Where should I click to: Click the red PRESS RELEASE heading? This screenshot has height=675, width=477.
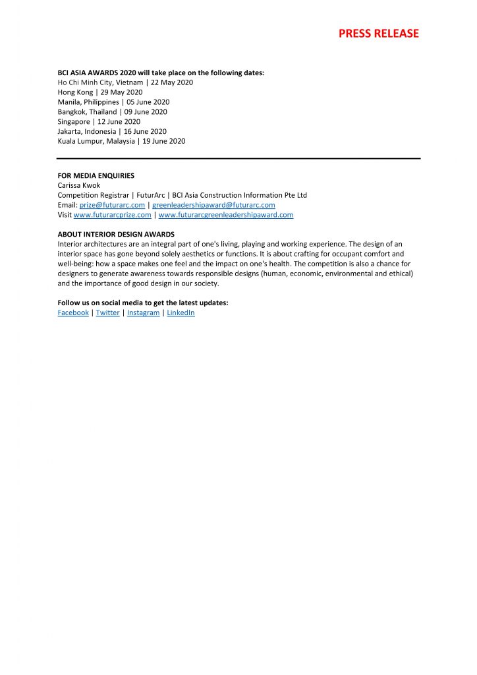tap(378, 34)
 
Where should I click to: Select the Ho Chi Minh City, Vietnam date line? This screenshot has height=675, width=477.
tap(125, 82)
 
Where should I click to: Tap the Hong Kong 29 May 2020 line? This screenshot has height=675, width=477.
tap(99, 92)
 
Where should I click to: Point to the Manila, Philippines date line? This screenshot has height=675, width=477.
tap(113, 102)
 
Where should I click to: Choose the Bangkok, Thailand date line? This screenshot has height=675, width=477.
tap(113, 112)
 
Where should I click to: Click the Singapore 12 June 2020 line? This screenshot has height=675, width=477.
tap(99, 121)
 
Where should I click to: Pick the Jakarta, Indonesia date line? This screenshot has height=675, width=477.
tap(112, 131)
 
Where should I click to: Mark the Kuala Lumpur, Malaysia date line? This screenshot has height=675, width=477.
tap(121, 141)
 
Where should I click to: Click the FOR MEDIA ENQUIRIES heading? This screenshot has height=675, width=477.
tap(96, 176)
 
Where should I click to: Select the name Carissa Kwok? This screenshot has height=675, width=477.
tap(79, 185)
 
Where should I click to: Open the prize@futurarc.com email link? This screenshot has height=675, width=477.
tap(112, 205)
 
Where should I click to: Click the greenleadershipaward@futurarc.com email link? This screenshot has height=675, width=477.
tap(213, 205)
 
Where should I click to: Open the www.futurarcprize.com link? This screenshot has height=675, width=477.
tap(112, 215)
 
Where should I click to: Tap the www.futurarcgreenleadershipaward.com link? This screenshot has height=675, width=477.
tap(226, 215)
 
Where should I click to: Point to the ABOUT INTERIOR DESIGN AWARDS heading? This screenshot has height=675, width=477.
tap(116, 235)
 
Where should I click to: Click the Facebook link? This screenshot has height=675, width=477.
tap(73, 312)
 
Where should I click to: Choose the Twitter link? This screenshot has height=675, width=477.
tap(108, 312)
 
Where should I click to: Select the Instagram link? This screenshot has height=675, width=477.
tap(143, 312)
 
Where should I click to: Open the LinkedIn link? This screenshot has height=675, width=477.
tap(181, 312)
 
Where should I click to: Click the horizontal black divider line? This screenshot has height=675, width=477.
tap(238, 158)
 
